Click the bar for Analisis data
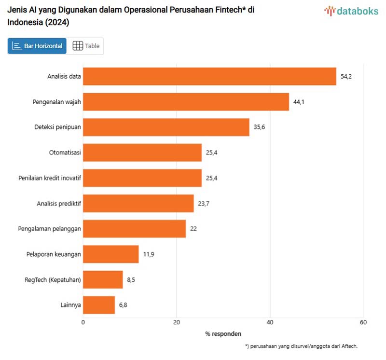click(209, 76)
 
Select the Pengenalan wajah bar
click(186, 102)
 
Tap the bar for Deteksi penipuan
click(166, 127)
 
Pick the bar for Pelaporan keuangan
click(111, 254)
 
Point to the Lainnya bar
click(99, 305)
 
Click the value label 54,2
click(346, 76)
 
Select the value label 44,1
click(299, 102)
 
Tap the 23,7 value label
click(203, 203)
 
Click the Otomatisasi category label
click(65, 152)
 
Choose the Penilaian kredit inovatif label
click(50, 178)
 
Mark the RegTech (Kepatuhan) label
click(53, 279)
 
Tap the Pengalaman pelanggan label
click(50, 229)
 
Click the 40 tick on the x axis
click(270, 322)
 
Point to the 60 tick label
click(363, 322)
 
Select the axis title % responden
click(223, 333)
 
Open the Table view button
click(86, 46)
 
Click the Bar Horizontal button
click(37, 46)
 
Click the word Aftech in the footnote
click(348, 346)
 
